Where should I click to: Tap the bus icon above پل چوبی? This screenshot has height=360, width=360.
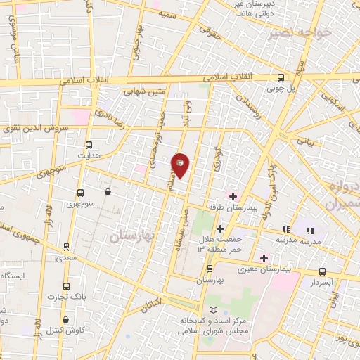[x=281, y=78]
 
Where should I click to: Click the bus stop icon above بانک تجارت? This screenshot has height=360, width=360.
[x=66, y=286]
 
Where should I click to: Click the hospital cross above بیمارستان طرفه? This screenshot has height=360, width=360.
[x=233, y=195]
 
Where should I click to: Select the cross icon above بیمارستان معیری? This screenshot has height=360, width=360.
[x=264, y=257]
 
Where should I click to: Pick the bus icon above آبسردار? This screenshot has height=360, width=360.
[x=322, y=271]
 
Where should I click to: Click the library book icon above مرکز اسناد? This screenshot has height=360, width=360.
[x=214, y=310]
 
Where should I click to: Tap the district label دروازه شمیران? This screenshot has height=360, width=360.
[x=342, y=193]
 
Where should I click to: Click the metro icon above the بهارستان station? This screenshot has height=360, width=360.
[x=210, y=269]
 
